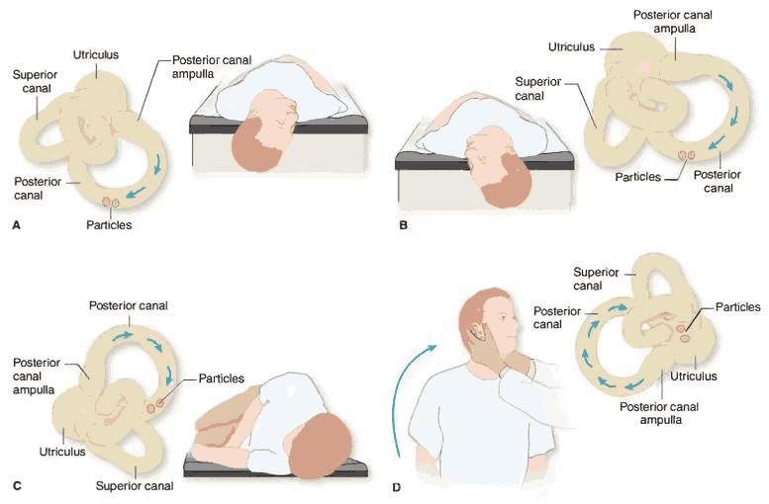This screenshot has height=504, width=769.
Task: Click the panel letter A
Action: (x=15, y=225)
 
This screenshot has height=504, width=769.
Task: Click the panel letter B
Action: (x=403, y=225)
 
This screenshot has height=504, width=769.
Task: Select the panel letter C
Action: (x=15, y=485)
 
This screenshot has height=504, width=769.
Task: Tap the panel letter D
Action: (x=397, y=486)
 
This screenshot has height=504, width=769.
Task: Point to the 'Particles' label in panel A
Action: (x=109, y=225)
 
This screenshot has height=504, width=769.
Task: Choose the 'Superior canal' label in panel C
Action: (x=135, y=485)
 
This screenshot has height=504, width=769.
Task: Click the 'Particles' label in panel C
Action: (x=222, y=378)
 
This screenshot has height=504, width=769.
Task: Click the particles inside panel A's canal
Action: (x=109, y=204)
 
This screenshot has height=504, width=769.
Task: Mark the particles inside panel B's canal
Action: (x=684, y=155)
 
